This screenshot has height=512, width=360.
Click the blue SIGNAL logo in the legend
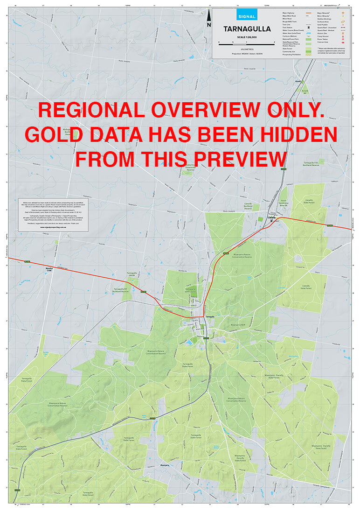[x=246, y=16]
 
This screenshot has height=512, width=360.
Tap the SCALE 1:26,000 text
[x=247, y=37]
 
